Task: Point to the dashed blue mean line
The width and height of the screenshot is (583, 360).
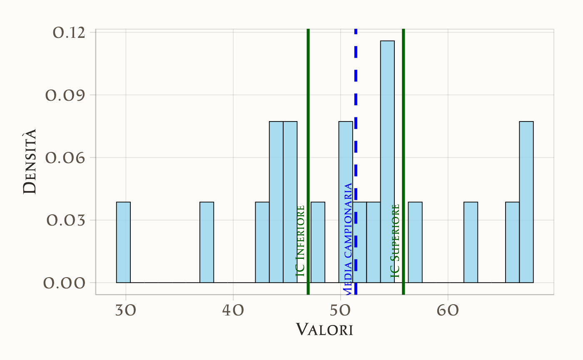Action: click(356, 125)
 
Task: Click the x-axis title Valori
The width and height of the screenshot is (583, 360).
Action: click(325, 330)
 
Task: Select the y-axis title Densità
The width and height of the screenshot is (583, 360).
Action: click(30, 161)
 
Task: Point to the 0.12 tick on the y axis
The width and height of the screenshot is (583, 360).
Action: click(69, 32)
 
